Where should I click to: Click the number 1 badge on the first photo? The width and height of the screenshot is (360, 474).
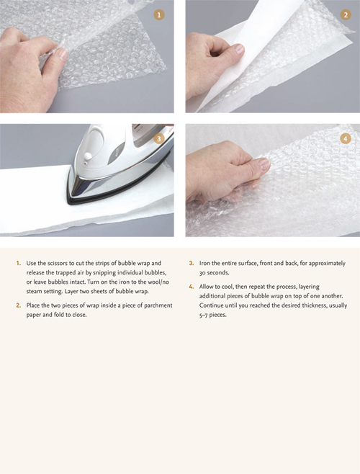tap(159, 14)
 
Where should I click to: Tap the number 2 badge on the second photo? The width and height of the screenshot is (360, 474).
tap(345, 14)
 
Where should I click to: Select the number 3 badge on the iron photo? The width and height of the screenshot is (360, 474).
tap(159, 138)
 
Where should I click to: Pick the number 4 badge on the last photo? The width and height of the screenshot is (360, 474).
tap(345, 138)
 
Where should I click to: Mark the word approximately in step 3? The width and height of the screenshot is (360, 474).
tap(311, 263)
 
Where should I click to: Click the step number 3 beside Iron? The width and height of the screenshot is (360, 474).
tap(192, 263)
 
